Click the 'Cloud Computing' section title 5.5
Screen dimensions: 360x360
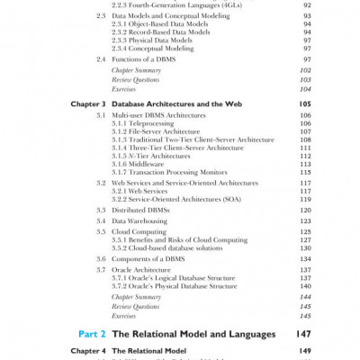point(140,231)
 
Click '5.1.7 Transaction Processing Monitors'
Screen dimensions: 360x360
point(175,173)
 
